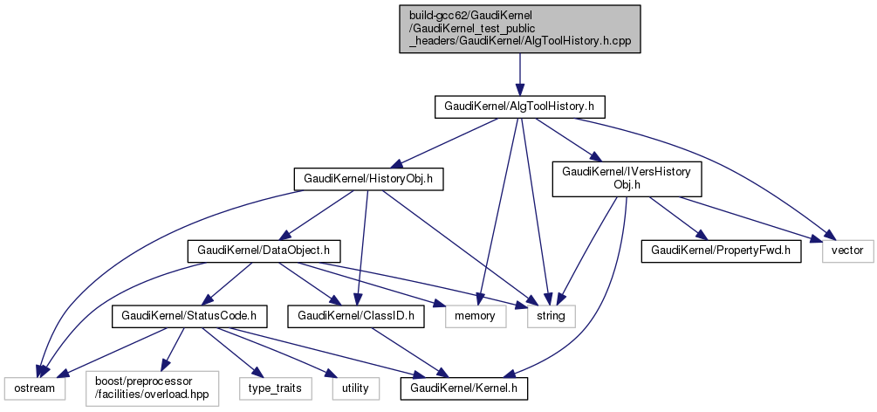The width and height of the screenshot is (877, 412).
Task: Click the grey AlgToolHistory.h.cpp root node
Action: click(520, 29)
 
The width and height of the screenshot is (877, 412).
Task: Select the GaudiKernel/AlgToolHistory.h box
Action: click(520, 106)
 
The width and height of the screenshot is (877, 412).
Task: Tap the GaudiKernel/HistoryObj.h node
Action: click(368, 179)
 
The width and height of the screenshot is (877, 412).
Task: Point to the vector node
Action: click(846, 251)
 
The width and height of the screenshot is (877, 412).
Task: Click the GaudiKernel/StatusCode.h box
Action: click(187, 314)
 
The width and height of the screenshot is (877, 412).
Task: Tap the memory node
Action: click(476, 314)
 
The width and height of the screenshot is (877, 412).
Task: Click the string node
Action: click(549, 314)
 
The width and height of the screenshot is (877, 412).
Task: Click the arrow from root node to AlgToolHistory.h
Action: click(520, 74)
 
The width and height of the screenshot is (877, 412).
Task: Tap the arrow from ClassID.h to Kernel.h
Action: click(410, 350)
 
